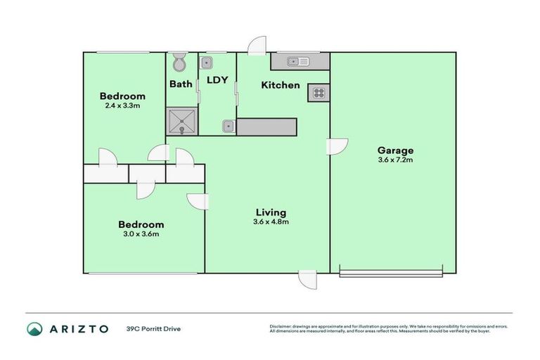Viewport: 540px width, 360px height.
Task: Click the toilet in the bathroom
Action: pos(179,63)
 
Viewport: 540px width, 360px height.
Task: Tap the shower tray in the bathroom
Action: pos(181,121)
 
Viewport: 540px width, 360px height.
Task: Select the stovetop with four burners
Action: pos(318,93)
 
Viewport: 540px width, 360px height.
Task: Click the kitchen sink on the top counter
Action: pos(299,62)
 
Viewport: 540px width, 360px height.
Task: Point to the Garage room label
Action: pos(395,150)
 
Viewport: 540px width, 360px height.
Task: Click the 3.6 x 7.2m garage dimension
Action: pos(395,160)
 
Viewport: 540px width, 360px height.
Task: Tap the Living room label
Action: pos(271,212)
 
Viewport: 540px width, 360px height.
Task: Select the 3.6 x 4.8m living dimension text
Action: pos(271,222)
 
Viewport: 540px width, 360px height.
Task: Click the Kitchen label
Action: pos(281,85)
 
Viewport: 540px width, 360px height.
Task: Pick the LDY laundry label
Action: pos(217,80)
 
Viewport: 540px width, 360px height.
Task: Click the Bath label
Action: pos(181,84)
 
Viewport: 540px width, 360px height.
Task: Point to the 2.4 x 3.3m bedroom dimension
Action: pos(122,106)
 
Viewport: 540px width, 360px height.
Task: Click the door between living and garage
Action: pos(337,146)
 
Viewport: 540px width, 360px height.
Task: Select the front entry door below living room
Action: pos(307,280)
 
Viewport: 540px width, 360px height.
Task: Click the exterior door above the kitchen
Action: pos(257,45)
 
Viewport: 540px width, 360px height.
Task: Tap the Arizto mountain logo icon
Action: pos(34,328)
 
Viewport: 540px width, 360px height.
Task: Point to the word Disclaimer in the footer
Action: pos(280,326)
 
